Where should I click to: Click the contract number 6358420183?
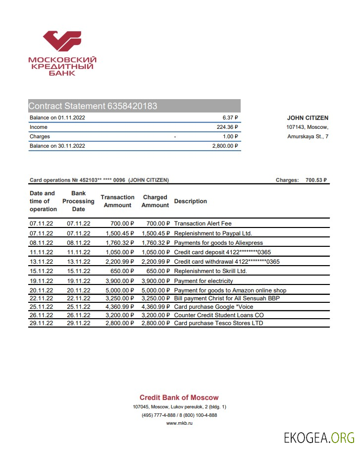(x=132, y=106)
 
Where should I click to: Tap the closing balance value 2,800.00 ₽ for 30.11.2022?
(x=222, y=146)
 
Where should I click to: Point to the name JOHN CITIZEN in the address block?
(x=308, y=118)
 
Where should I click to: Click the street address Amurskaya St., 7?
(x=308, y=136)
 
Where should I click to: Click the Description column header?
(x=191, y=201)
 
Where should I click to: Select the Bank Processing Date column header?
(x=78, y=201)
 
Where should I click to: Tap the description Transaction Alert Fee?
(x=203, y=224)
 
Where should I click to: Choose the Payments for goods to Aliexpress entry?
(x=218, y=243)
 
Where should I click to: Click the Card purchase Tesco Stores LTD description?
(x=218, y=323)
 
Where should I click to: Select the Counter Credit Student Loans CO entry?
(x=219, y=315)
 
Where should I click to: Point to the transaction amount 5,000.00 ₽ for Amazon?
(x=119, y=290)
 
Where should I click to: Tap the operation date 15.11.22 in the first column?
(x=41, y=271)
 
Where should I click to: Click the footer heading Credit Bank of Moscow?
(x=179, y=397)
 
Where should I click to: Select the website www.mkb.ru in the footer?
(x=179, y=423)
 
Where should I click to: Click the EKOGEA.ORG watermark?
(x=319, y=438)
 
